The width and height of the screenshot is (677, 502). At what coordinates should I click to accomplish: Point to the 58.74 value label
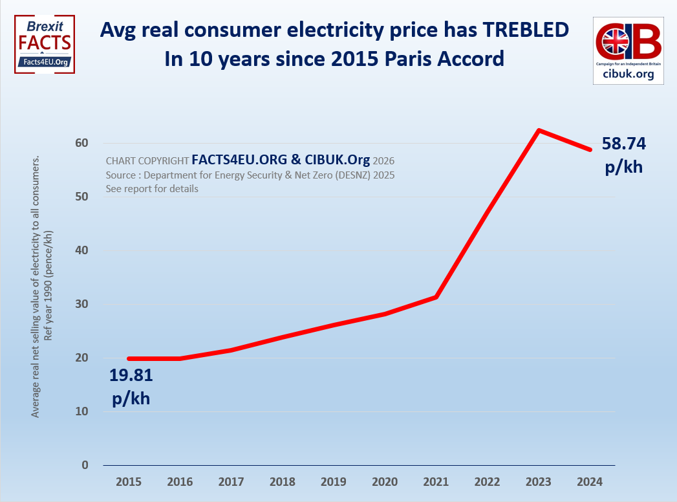[624, 144]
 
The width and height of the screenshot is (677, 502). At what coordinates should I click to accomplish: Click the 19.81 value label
[131, 375]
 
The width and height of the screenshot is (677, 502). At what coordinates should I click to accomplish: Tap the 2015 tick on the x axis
[129, 482]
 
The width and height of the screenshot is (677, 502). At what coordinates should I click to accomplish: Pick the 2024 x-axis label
[590, 482]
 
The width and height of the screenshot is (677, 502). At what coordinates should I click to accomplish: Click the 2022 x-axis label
[488, 482]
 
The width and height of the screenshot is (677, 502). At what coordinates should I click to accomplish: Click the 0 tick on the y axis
[85, 465]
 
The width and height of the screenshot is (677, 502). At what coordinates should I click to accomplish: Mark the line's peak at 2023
[539, 130]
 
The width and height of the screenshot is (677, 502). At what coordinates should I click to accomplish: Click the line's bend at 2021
[437, 297]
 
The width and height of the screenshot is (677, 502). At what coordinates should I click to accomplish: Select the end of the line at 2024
[590, 149]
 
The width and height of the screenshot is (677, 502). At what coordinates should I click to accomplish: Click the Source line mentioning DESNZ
[250, 175]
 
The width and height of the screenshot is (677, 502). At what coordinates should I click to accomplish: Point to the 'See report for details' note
[152, 189]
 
